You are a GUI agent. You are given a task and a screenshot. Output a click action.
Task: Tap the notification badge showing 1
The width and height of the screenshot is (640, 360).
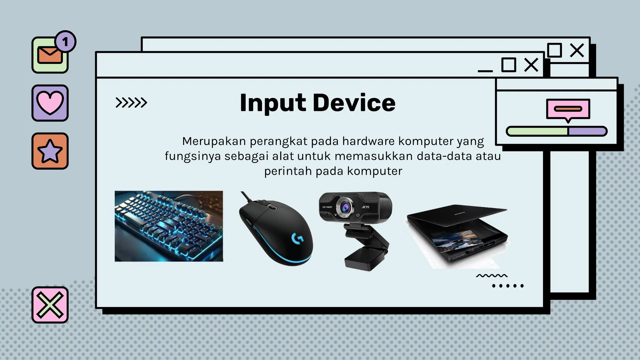pyautogui.click(x=65, y=42)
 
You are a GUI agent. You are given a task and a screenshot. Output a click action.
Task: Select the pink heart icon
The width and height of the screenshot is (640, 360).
pyautogui.click(x=50, y=103)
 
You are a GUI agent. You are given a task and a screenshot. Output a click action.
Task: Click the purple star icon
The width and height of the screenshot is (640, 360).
pyautogui.click(x=50, y=151)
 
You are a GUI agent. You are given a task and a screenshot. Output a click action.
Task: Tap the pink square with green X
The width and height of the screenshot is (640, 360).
pyautogui.click(x=50, y=305)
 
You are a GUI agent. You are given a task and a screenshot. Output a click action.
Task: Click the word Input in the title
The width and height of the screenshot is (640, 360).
pyautogui.click(x=273, y=103)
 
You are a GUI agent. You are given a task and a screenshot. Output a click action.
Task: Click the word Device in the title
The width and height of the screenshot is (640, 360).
pyautogui.click(x=354, y=103)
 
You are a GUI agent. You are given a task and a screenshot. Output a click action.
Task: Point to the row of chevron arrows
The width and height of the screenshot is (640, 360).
pyautogui.click(x=131, y=102)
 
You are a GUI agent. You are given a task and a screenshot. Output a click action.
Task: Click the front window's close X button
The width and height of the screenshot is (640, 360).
pyautogui.click(x=531, y=65)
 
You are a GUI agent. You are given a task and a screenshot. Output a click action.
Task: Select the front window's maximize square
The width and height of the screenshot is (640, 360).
pyautogui.click(x=508, y=65)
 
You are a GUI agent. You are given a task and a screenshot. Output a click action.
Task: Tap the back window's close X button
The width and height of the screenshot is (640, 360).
pyautogui.click(x=577, y=50)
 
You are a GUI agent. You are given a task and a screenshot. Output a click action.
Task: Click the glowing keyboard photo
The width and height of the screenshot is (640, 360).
pyautogui.click(x=169, y=226)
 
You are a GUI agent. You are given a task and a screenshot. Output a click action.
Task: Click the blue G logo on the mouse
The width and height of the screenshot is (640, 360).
pyautogui.click(x=297, y=238)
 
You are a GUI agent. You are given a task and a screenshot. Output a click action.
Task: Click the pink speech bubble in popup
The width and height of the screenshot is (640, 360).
pyautogui.click(x=568, y=109)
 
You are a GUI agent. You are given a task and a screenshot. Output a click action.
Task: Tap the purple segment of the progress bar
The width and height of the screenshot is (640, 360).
pyautogui.click(x=587, y=131)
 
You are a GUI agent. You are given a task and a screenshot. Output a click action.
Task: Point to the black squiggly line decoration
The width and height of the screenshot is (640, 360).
pyautogui.click(x=492, y=276)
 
